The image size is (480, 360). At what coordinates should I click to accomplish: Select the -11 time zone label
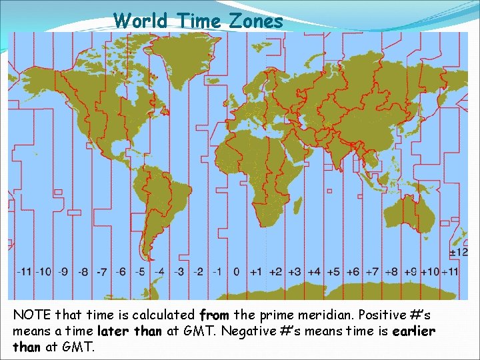coord(25,272)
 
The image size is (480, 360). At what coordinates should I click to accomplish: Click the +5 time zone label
coord(335,272)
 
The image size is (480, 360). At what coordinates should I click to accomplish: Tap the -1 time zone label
coord(217,272)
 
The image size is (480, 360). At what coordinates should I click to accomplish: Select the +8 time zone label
coord(392,272)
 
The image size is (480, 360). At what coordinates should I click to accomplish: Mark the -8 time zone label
coord(83,272)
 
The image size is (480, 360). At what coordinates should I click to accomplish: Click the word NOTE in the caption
coord(31,313)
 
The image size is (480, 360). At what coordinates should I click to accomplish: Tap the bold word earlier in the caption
coord(413,331)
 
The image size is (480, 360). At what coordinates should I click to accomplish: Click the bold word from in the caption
coord(213,313)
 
